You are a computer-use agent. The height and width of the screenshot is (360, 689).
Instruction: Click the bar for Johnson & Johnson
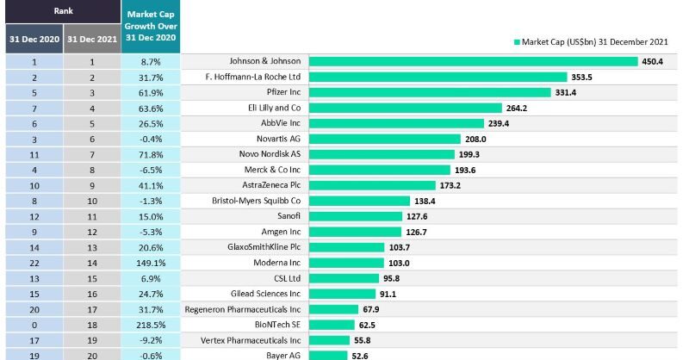tap(473, 61)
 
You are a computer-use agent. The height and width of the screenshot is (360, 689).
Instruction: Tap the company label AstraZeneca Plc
tap(272, 185)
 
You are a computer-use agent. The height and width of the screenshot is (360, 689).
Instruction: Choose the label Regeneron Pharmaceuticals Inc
tap(243, 308)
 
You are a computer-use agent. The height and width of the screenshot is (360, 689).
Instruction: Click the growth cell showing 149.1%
tap(150, 262)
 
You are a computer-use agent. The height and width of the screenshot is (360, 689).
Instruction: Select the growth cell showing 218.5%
tap(150, 324)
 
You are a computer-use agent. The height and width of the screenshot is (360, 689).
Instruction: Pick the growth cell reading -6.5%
tap(150, 170)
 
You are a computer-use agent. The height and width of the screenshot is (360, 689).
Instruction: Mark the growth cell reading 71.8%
tap(150, 154)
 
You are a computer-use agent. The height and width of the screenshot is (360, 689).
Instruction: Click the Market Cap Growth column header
tap(150, 27)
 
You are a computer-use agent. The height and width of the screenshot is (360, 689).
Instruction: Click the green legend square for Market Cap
tap(518, 40)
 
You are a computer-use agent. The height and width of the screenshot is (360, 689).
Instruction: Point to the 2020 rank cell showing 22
tap(33, 262)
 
